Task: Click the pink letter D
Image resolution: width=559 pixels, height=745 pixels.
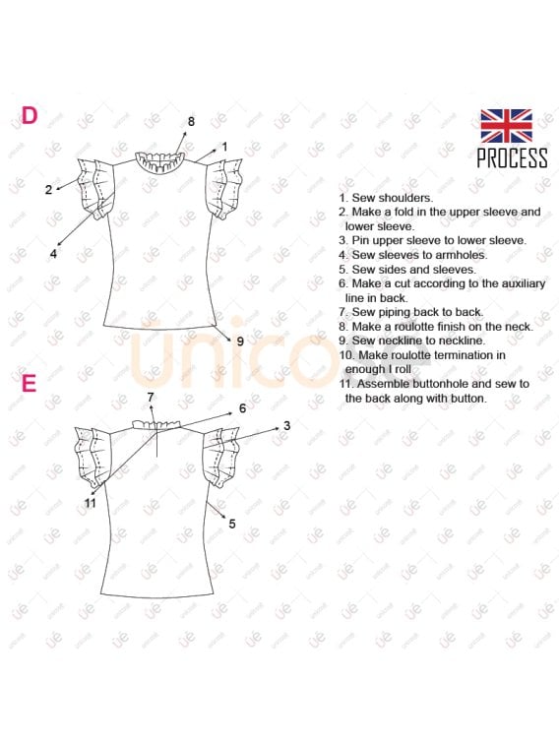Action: (30, 115)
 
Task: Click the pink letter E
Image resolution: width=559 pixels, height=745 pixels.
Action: (30, 384)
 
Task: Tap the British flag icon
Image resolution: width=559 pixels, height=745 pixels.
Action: (506, 126)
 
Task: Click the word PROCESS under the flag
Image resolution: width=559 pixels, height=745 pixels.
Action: (512, 157)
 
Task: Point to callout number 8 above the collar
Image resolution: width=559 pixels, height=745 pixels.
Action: (191, 122)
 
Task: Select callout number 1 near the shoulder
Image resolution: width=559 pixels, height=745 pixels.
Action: (224, 147)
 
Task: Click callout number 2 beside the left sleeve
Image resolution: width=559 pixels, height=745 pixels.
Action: (48, 190)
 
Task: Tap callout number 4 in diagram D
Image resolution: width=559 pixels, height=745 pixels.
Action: (53, 254)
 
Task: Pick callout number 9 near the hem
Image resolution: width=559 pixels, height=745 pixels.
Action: (240, 341)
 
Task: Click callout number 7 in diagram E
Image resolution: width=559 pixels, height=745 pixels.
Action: (151, 398)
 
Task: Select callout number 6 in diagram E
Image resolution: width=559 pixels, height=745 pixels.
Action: (243, 408)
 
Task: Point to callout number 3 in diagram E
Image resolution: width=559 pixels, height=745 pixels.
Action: (286, 426)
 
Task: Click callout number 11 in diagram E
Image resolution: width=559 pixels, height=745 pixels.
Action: (91, 503)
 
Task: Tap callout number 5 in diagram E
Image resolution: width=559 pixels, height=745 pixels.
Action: (232, 524)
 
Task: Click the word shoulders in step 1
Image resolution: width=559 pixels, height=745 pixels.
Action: (406, 198)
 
